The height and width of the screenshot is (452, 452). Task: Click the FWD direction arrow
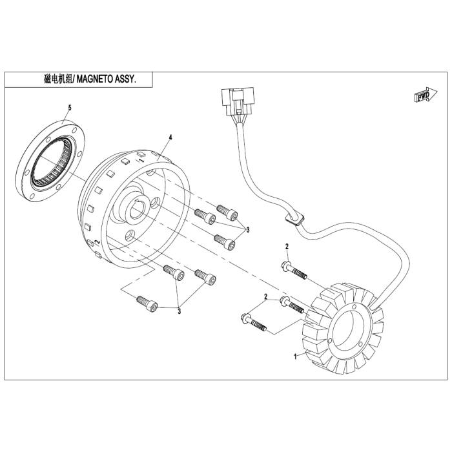click(x=426, y=95)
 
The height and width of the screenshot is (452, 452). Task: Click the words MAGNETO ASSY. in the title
click(x=106, y=79)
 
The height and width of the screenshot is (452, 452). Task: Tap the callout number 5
click(x=70, y=108)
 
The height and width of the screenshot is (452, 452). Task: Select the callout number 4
click(x=170, y=138)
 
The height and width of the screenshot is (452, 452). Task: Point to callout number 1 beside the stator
click(x=295, y=356)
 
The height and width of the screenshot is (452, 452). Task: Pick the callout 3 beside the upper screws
click(x=247, y=230)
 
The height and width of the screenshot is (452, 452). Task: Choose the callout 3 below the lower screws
click(x=180, y=311)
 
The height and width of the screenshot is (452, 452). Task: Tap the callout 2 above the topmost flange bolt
click(x=287, y=247)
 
